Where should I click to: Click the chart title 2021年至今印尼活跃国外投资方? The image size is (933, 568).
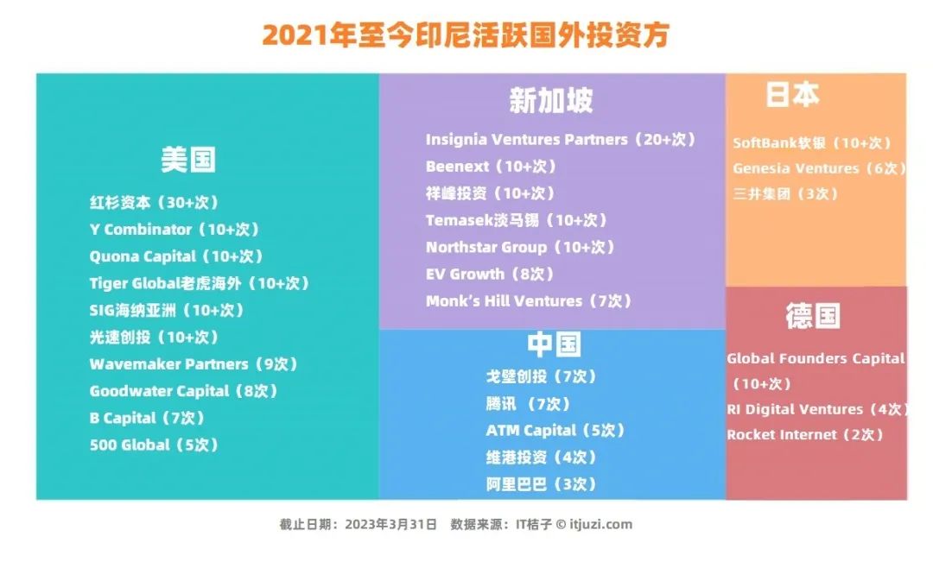466,35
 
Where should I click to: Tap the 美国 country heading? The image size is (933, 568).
188,160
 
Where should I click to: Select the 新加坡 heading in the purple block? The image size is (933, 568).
551,100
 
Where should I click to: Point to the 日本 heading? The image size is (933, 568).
792,95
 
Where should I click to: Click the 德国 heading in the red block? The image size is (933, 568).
813,315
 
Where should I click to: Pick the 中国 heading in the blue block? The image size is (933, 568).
554,344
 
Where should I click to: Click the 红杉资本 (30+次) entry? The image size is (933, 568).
154,202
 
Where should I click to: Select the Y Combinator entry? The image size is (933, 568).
175,229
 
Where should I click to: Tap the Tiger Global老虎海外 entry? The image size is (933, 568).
200,283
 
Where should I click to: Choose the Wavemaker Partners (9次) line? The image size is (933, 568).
194,364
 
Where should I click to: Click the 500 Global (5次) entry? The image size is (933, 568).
154,445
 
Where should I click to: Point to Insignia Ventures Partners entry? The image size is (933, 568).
561,139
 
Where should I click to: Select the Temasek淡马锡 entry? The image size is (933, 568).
517,220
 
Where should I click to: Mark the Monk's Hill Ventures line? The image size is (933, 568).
529,301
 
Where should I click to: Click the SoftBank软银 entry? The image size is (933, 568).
812,142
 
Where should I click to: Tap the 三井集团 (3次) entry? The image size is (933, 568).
785,194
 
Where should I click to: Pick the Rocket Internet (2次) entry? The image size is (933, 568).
805,435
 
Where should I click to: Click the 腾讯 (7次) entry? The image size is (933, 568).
529,404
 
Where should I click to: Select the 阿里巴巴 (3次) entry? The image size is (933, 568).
541,484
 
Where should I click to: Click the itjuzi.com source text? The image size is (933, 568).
600,525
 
